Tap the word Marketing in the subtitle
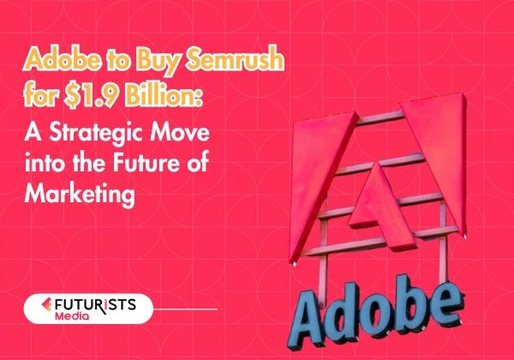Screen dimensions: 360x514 pyautogui.click(x=81, y=195)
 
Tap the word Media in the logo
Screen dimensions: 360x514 pyautogui.click(x=95, y=317)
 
